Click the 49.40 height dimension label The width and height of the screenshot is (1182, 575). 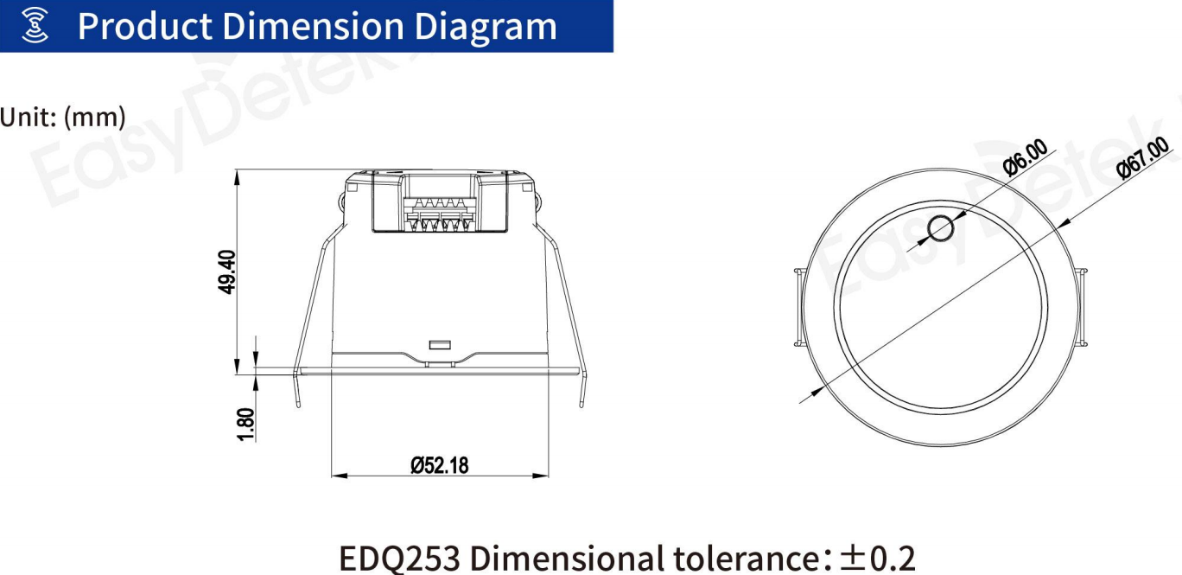pyautogui.click(x=227, y=272)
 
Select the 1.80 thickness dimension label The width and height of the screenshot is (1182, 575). pyautogui.click(x=246, y=424)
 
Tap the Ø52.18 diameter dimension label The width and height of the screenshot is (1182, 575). pyautogui.click(x=440, y=465)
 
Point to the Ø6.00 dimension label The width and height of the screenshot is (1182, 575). pyautogui.click(x=1026, y=157)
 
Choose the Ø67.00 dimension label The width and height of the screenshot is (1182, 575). pyautogui.click(x=1142, y=157)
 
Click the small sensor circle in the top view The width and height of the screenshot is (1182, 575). pyautogui.click(x=940, y=229)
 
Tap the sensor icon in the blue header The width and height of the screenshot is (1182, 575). pyautogui.click(x=35, y=25)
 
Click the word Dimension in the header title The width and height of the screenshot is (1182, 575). pyautogui.click(x=313, y=26)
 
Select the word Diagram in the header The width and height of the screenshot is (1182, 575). pyautogui.click(x=486, y=27)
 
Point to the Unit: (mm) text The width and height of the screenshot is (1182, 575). pyautogui.click(x=63, y=117)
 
